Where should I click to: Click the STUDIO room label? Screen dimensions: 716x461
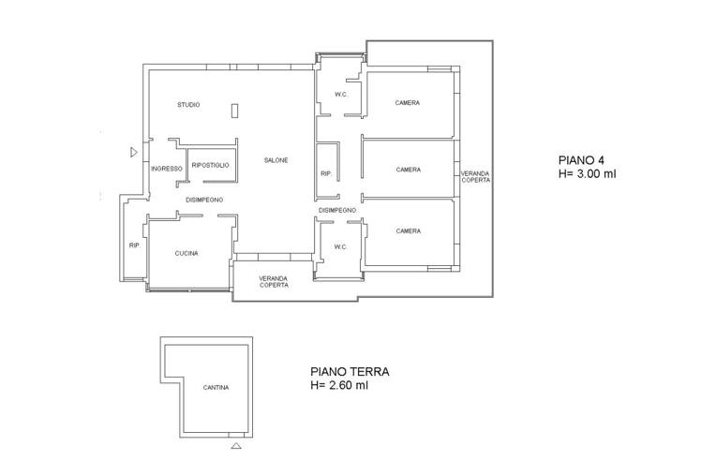coord(188,105)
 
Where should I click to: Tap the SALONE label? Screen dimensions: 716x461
coord(276,160)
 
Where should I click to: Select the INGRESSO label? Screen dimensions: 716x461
coord(167,169)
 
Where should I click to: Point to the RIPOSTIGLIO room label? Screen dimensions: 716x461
coord(211,165)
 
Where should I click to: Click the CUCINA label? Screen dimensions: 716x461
coord(186,253)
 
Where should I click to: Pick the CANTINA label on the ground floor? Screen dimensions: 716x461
coord(216,388)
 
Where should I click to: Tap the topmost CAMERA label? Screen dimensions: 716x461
coord(408,103)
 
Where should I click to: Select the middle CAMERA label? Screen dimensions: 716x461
coord(409,170)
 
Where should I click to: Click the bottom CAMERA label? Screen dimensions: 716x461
coord(409,230)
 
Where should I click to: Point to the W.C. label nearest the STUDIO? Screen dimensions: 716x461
coord(340,95)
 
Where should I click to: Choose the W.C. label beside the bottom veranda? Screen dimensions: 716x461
coord(340,246)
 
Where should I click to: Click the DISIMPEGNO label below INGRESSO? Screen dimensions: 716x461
coord(204,200)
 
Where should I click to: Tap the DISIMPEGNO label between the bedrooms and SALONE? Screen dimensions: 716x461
coord(337,211)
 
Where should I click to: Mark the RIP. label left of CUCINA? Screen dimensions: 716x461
coord(134,245)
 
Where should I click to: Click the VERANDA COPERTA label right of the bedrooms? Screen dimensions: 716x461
coord(475,177)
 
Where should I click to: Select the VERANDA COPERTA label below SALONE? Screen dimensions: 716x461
coord(274,282)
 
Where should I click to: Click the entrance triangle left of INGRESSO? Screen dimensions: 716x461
coord(134,153)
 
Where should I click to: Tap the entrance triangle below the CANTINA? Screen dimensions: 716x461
coord(236,445)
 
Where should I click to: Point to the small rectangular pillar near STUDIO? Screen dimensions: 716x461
coord(234,111)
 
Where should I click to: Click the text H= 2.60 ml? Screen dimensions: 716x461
coord(339,385)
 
